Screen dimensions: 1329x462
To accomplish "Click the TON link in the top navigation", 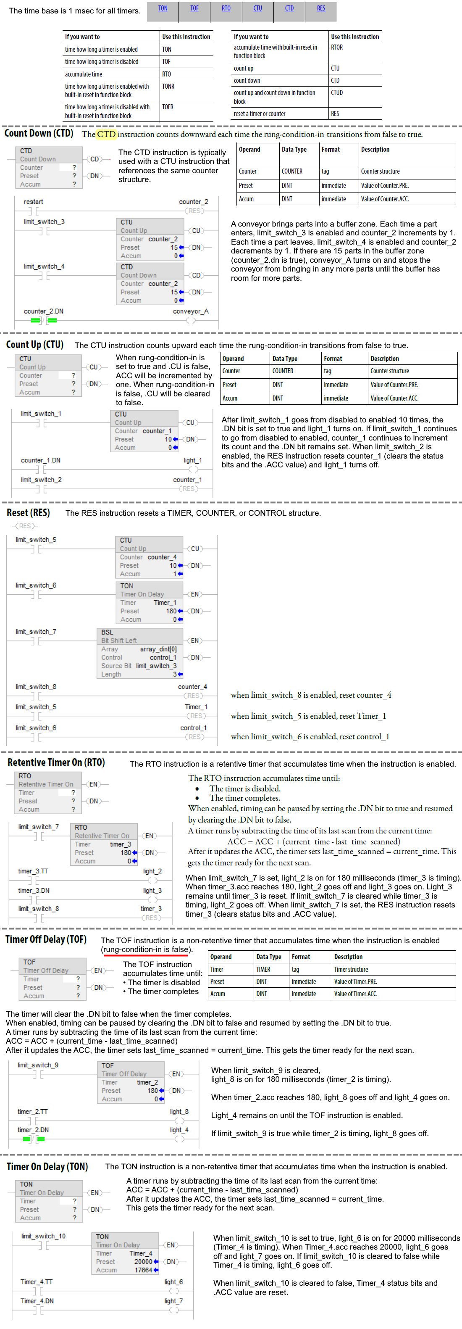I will click(x=163, y=8).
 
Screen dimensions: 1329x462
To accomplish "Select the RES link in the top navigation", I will click(x=321, y=8).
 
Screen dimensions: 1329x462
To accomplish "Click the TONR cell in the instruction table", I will click(x=168, y=87).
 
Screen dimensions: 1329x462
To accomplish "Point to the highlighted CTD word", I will click(x=106, y=134).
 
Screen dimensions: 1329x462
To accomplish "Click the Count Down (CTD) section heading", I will click(x=39, y=133).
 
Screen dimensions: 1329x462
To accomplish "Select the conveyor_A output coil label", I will click(x=191, y=311).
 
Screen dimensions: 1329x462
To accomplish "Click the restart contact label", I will click(x=34, y=202).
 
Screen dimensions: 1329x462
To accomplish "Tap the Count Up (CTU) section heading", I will click(x=34, y=345).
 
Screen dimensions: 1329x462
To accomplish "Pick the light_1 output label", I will click(x=193, y=460).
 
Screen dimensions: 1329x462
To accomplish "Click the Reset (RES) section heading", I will click(x=29, y=513).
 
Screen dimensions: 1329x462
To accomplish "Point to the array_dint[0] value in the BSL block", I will click(x=158, y=649).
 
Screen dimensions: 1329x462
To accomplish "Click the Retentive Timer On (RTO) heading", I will click(x=56, y=762).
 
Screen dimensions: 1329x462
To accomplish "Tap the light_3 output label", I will click(x=152, y=891).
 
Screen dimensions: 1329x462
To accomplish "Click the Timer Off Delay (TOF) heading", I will click(x=46, y=939).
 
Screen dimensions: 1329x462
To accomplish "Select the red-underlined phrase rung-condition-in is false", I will click(x=147, y=949).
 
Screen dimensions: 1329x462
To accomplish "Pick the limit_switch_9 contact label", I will click(x=38, y=1065).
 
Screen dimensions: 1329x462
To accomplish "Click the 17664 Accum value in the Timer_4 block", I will click(x=143, y=1270).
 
